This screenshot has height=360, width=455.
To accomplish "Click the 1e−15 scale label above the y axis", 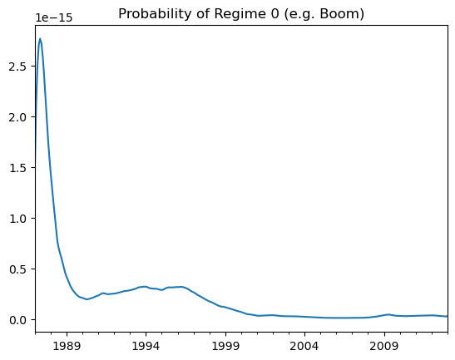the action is pos(54,18).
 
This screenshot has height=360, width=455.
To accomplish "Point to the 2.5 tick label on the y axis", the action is pos(18,67).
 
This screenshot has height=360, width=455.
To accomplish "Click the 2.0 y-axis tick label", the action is pos(18,117).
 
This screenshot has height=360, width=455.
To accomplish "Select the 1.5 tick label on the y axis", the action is pos(18,168).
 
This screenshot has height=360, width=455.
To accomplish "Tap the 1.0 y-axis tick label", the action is pos(18,219).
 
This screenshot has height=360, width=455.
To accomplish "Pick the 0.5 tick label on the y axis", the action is pos(18,269).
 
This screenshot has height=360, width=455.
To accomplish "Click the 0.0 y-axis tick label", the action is pos(18,320).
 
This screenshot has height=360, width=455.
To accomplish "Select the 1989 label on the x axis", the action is pos(67,347).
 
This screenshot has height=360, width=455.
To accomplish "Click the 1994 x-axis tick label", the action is pos(146,347).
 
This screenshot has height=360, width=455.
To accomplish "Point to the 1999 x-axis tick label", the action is pos(225,347).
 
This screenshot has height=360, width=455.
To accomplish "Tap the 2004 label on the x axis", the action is pos(305,347).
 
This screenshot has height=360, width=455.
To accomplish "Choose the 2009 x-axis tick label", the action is pos(384,347).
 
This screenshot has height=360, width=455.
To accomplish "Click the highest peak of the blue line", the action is pos(40,38).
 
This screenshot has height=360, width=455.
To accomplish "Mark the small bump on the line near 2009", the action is pos(388,314).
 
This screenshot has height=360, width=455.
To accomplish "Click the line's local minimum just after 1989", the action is pos(87,299).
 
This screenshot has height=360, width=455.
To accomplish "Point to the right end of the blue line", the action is pos(448,316).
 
